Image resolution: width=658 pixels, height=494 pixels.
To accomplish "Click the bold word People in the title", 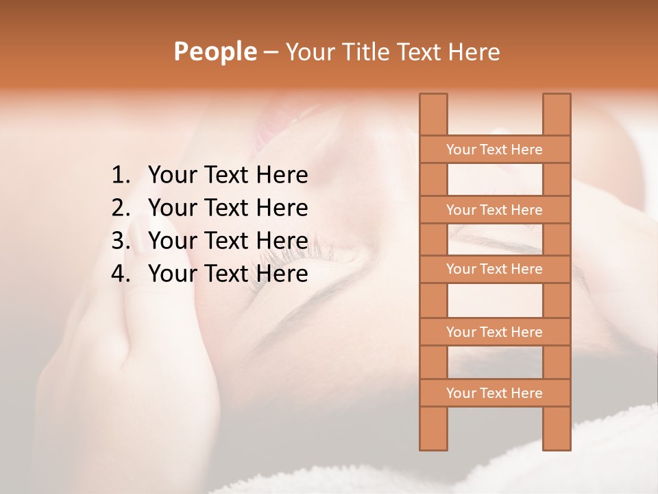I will coord(215,51).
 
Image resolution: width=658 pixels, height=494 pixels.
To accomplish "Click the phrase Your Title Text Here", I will coord(392,51).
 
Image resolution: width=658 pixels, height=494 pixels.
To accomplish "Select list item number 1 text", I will coord(228,176).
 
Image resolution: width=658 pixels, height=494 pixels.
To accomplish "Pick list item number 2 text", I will coord(228,208).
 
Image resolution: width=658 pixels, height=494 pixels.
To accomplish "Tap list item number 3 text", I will coord(228,241).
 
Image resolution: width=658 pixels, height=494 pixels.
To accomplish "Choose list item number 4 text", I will coord(228,274).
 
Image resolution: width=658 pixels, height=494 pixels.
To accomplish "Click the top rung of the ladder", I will coord(494,150).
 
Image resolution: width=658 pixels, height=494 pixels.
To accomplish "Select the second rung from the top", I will coord(494,210).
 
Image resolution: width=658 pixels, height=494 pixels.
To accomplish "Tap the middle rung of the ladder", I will coord(494,269).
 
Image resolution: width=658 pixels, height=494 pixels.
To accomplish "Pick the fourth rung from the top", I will coord(494,332).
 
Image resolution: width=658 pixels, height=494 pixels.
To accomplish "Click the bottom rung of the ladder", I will coord(494,393).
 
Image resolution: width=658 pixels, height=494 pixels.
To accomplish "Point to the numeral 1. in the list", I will coord(121,176).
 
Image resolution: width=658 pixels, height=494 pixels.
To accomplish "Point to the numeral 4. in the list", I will coord(121,274).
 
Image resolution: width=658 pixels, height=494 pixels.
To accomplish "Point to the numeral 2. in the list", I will coord(121,208).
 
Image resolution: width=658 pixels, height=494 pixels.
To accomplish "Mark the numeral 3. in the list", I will coord(121,241).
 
